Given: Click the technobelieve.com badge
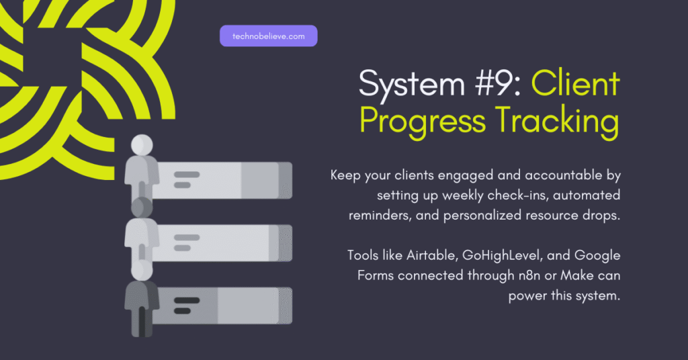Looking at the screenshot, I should click(268, 36).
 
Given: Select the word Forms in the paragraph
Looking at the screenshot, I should click(374, 275).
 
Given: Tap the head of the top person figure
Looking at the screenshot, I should click(142, 144).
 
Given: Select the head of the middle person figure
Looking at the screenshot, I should click(142, 208).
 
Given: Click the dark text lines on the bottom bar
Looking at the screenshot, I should click(186, 304).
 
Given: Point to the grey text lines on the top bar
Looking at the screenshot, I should click(186, 179).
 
